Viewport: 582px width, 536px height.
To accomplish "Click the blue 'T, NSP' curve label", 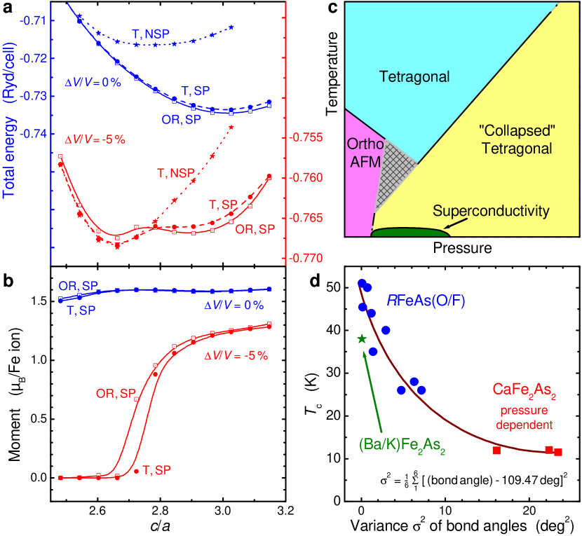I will [x=151, y=33].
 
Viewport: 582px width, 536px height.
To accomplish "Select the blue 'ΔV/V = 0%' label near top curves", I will [x=93, y=82].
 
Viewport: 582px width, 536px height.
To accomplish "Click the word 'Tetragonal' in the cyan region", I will [x=414, y=76].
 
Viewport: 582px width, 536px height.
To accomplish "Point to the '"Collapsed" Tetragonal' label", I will [x=515, y=139].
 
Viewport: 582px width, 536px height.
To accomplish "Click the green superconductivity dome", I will [x=410, y=232].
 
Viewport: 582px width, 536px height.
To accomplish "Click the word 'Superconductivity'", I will [x=491, y=211].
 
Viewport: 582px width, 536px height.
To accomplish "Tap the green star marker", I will [x=362, y=338].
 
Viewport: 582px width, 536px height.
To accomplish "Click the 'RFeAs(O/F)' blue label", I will [x=426, y=301].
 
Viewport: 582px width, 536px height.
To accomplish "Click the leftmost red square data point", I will [x=496, y=451].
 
